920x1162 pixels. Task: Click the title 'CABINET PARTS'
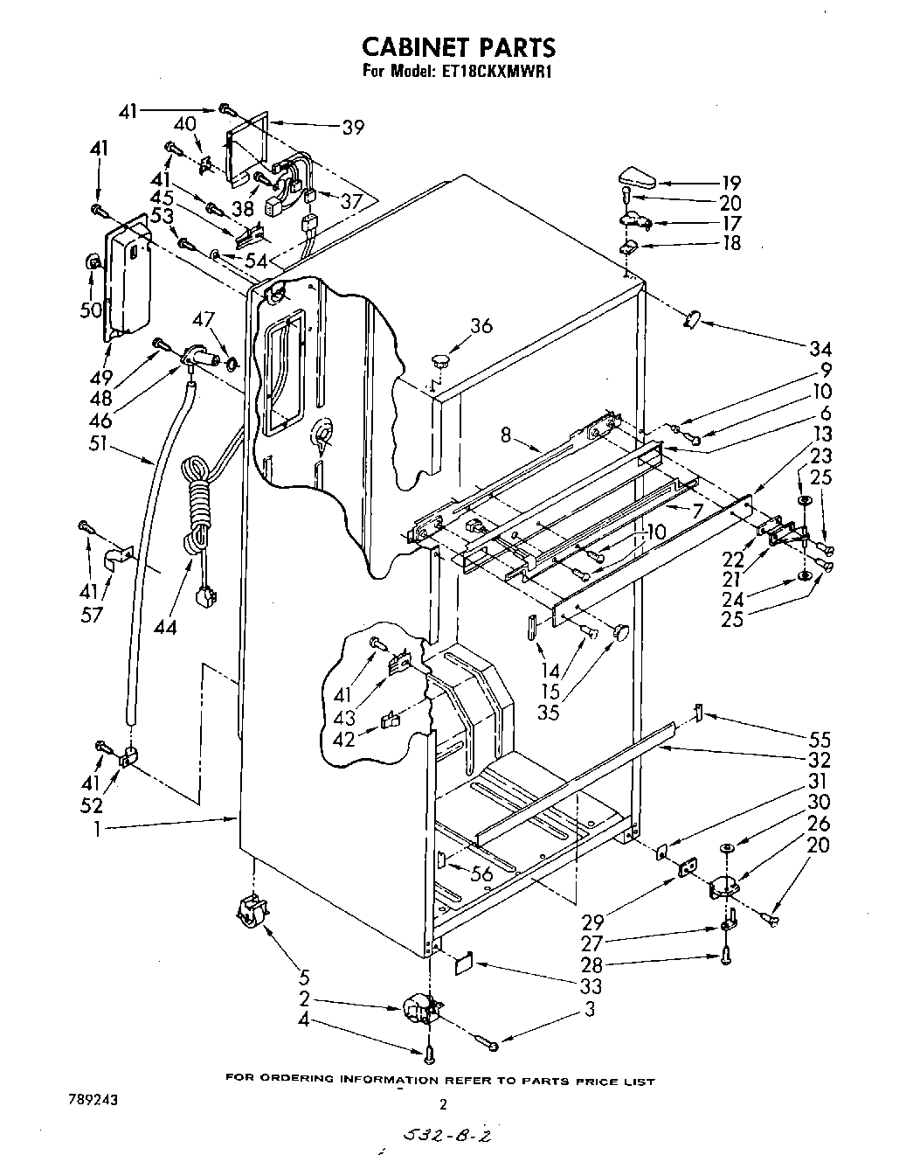coord(459,46)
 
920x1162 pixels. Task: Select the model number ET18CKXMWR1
coord(494,72)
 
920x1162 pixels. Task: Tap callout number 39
coord(353,128)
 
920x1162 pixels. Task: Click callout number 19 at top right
coord(730,183)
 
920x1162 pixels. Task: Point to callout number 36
coord(481,326)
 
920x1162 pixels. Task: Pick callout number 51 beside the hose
coord(97,443)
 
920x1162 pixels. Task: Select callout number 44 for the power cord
coord(163,627)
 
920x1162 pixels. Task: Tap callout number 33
coord(591,987)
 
